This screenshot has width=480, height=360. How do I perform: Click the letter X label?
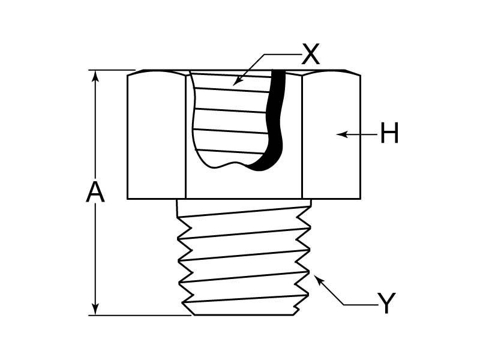click(x=311, y=55)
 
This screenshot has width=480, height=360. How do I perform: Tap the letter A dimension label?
click(x=95, y=193)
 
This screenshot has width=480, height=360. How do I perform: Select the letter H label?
click(x=389, y=134)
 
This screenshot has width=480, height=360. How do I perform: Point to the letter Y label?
click(x=387, y=304)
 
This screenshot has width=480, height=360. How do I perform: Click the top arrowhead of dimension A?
click(x=95, y=75)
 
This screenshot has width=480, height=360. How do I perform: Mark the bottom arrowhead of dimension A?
click(x=95, y=310)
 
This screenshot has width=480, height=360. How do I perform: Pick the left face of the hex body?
click(x=157, y=135)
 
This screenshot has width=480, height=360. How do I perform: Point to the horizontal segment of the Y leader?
click(x=360, y=305)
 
